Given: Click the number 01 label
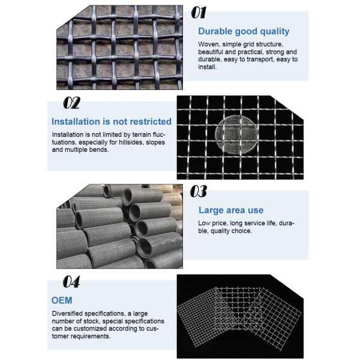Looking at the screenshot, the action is coord(199,13).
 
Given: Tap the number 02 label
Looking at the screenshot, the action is coord(71,103).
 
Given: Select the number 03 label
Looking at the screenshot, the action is coord(199,191).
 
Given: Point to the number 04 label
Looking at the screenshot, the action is coord(71,282).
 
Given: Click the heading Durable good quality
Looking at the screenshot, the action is coord(244,31).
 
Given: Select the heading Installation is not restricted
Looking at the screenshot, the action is coord(112,121).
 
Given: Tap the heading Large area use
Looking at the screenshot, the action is coord(231,210).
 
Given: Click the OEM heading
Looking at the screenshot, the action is coord(62,301).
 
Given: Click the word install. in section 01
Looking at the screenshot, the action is coord(208,67).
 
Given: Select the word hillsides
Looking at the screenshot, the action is coord(131,142).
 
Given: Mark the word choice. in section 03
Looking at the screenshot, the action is coord(242,231).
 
